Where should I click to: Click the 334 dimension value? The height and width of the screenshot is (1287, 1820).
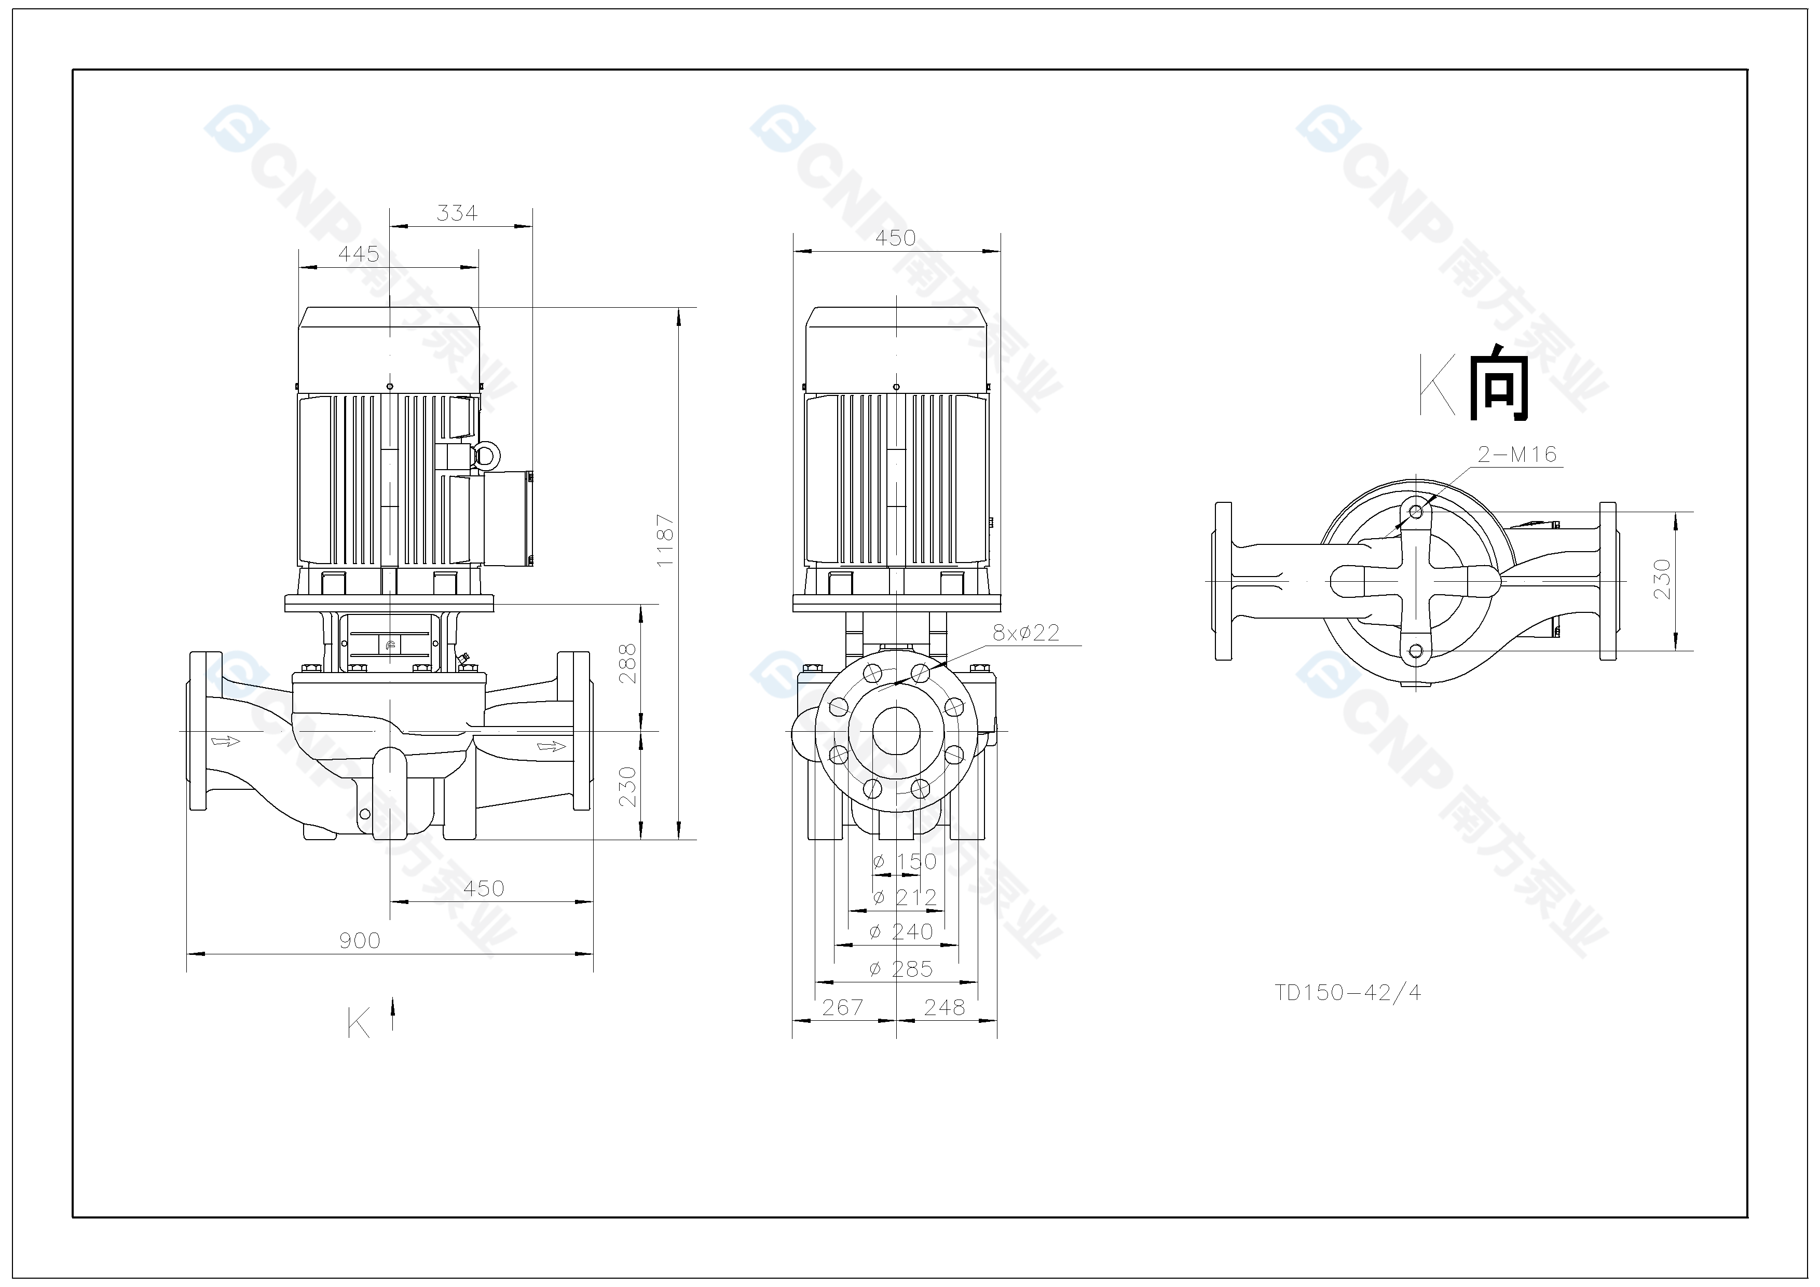[457, 213]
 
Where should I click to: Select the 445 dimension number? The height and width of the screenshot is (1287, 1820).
[359, 254]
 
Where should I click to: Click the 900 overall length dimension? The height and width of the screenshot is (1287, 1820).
[360, 941]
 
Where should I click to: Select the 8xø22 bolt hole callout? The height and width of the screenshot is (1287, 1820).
[1026, 633]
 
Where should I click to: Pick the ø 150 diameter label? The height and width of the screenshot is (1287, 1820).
[905, 861]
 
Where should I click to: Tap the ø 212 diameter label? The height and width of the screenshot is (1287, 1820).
[905, 897]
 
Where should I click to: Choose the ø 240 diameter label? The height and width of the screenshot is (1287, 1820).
[902, 932]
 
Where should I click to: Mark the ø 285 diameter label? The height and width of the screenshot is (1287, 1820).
[902, 968]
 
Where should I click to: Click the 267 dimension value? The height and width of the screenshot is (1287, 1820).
[843, 1007]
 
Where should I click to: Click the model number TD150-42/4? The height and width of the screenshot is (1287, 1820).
[1348, 993]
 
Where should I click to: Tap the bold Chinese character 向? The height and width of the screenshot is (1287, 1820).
[1499, 383]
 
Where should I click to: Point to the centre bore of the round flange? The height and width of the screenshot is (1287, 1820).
[897, 731]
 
